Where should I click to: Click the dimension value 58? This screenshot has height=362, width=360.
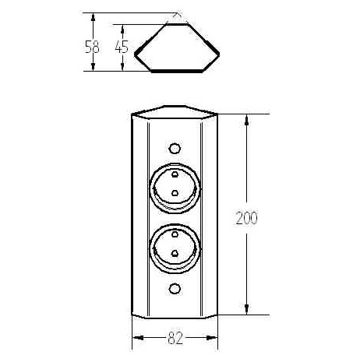[x=92, y=47]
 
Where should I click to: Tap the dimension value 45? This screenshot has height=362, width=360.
[x=122, y=47]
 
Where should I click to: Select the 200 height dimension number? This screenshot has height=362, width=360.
[x=246, y=218]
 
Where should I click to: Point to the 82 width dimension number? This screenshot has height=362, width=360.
[x=175, y=338]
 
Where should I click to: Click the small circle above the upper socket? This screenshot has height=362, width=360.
[x=175, y=149]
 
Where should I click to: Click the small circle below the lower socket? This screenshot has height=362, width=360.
[x=175, y=289]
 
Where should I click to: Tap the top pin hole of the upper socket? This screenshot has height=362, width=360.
[x=175, y=174]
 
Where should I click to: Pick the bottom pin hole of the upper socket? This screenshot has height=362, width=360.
[x=175, y=192]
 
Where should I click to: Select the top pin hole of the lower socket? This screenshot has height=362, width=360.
[x=175, y=234]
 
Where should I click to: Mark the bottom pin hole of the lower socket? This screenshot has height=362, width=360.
[x=175, y=253]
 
